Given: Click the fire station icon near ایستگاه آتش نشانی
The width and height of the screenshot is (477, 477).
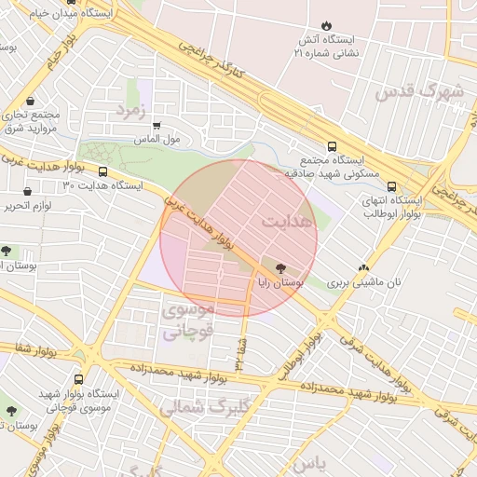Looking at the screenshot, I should click(326, 25).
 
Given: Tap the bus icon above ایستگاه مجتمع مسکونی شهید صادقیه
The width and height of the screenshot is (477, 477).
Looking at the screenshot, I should click(333, 145).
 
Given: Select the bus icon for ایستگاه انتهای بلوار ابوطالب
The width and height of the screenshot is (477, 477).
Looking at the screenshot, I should click(392, 185).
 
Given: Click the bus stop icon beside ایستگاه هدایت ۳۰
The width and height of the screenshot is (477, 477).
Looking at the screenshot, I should click(102, 172).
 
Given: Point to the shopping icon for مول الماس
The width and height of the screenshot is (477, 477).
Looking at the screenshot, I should click(157, 125).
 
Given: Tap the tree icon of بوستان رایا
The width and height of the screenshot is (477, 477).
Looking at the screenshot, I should click(282, 266).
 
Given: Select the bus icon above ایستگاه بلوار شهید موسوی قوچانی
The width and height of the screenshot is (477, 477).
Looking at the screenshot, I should click(78, 379).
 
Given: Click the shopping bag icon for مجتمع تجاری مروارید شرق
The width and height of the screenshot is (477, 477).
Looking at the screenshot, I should click(31, 101).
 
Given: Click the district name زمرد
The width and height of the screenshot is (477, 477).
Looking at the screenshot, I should click(132, 111).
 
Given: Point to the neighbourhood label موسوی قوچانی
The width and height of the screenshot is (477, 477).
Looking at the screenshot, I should click(189, 319).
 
